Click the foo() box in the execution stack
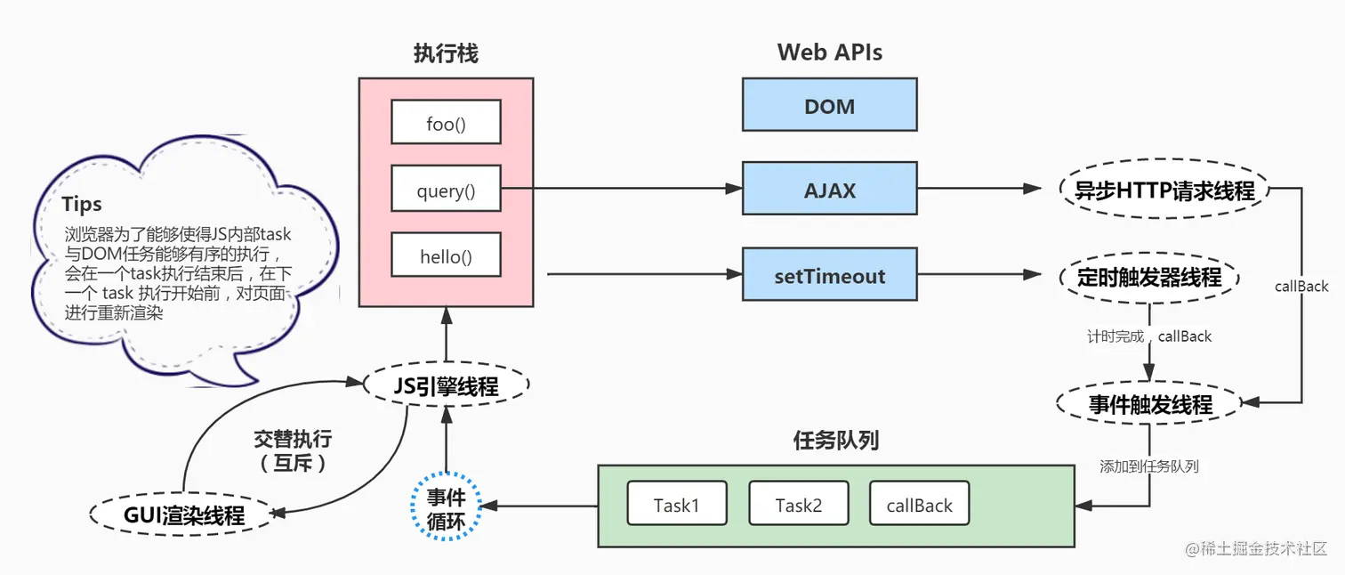pos(446,123)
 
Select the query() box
pos(446,190)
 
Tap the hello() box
pos(446,257)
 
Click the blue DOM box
pos(829,106)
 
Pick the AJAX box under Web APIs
pos(829,189)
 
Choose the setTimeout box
pos(829,276)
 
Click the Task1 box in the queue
pos(676,505)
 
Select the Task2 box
pos(798,505)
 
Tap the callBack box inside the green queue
pos(919,505)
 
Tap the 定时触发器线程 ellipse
pos(1148,278)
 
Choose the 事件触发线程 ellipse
pos(1149,404)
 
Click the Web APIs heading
pos(829,53)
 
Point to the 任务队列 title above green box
pos(834,440)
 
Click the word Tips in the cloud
pos(82,204)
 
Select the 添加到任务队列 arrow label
pos(1148,466)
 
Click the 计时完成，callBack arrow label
pos(1148,336)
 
